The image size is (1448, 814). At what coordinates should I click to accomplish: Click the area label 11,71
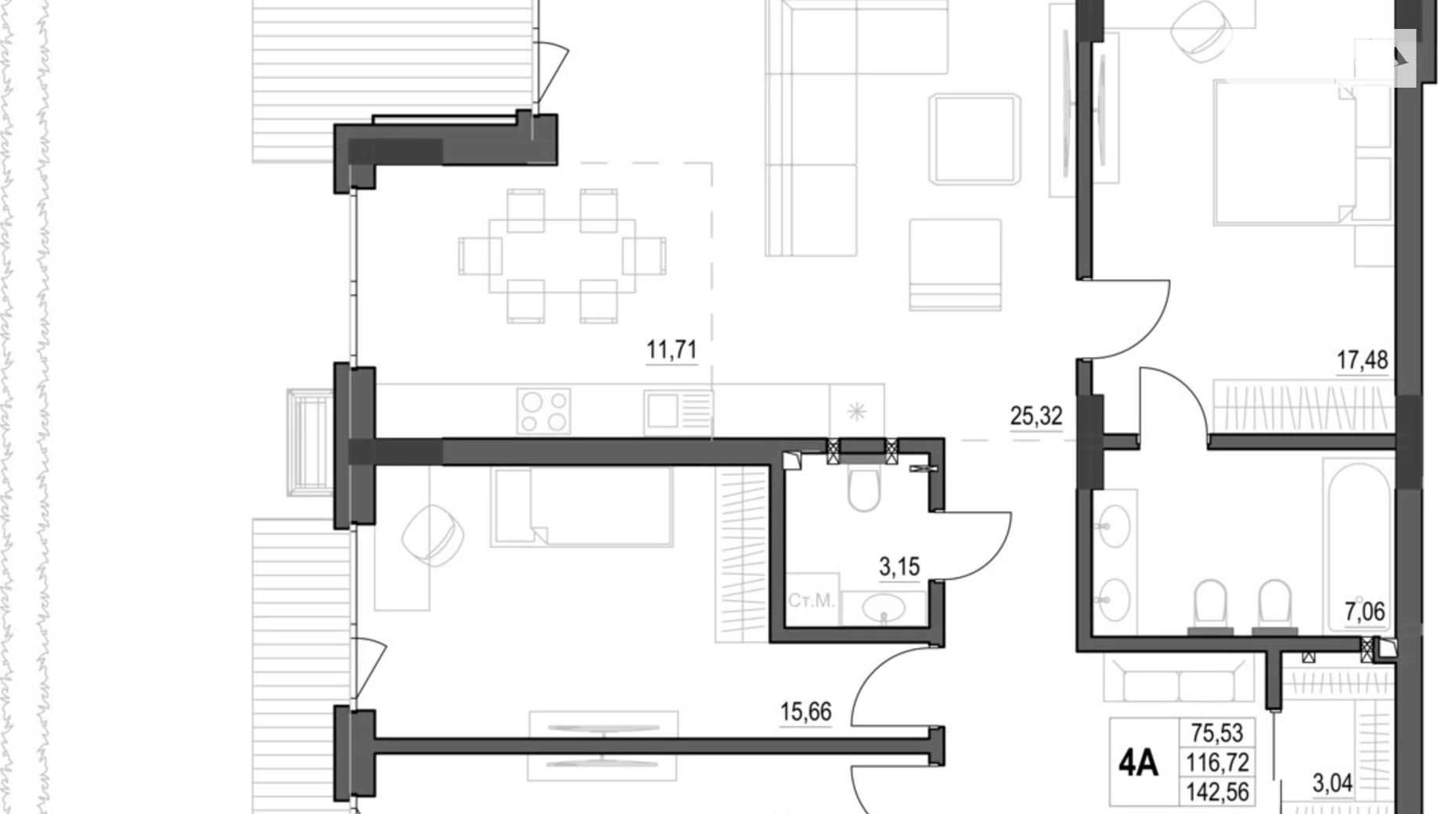(671, 349)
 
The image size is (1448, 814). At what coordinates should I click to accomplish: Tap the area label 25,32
(1036, 416)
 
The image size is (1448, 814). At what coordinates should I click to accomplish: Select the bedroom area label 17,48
(1361, 360)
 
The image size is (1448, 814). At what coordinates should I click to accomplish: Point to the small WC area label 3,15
(899, 567)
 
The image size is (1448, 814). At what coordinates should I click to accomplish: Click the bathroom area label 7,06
(1364, 611)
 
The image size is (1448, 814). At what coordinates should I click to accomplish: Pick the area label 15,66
(805, 712)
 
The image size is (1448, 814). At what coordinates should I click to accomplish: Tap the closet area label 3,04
(1331, 783)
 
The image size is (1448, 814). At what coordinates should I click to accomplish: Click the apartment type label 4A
(1137, 762)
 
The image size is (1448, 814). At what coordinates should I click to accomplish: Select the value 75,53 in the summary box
(1216, 733)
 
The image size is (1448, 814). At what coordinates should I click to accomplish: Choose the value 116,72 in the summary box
(1217, 762)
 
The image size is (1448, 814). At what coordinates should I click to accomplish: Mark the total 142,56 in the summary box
(1217, 791)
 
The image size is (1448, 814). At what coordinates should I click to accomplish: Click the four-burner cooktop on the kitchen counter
(543, 412)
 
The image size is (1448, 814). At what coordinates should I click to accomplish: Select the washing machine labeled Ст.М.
(811, 600)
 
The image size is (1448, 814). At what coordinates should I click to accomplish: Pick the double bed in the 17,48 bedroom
(1284, 153)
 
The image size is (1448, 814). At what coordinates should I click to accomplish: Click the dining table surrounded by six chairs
(562, 255)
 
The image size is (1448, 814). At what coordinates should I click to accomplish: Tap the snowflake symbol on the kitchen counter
(857, 411)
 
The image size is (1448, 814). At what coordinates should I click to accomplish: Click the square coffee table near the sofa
(974, 139)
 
